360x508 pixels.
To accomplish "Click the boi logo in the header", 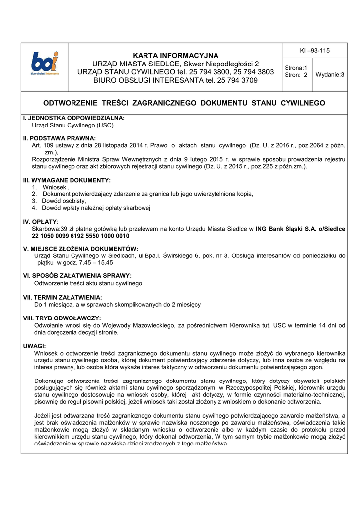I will click(45, 64).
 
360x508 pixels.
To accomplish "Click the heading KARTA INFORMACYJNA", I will click(175, 55).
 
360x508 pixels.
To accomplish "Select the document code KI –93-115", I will click(314, 51).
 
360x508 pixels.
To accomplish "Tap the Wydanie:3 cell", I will click(330, 75).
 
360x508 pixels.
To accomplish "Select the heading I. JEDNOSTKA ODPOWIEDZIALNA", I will click(73, 118).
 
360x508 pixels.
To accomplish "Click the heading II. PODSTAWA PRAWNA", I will click(60, 138).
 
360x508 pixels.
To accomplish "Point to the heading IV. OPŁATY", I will click(41, 221).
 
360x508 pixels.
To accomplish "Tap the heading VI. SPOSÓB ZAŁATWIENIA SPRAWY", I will click(77, 275).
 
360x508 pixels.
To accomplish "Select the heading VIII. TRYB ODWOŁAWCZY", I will click(62, 318).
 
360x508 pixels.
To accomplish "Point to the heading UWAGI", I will click(35, 345).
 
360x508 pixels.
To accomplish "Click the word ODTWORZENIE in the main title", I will click(73, 103).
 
